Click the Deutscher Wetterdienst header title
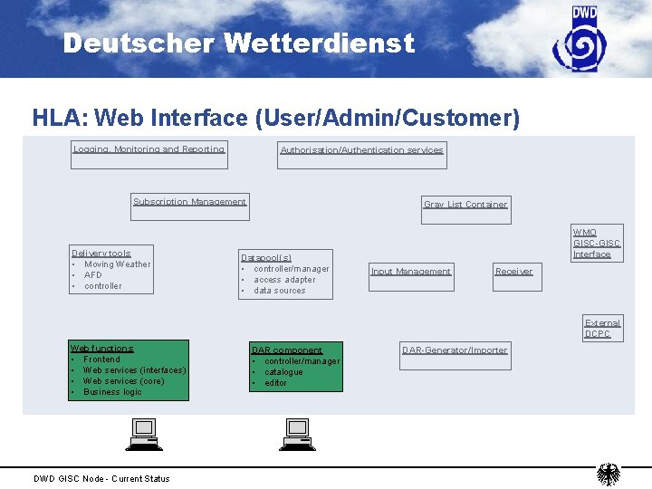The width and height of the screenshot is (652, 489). pos(239,43)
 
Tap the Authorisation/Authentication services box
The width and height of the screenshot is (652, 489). pos(361,156)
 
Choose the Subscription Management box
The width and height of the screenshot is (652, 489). pos(189,207)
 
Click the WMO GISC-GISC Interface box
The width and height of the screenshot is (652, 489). pos(597,243)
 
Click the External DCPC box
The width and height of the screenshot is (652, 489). pos(602,328)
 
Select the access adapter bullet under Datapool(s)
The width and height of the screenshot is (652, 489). pos(284,280)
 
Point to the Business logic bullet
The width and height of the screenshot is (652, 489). pos(112,392)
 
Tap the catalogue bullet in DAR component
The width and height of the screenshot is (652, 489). pos(283,372)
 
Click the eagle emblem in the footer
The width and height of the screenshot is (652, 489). pos(608,475)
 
